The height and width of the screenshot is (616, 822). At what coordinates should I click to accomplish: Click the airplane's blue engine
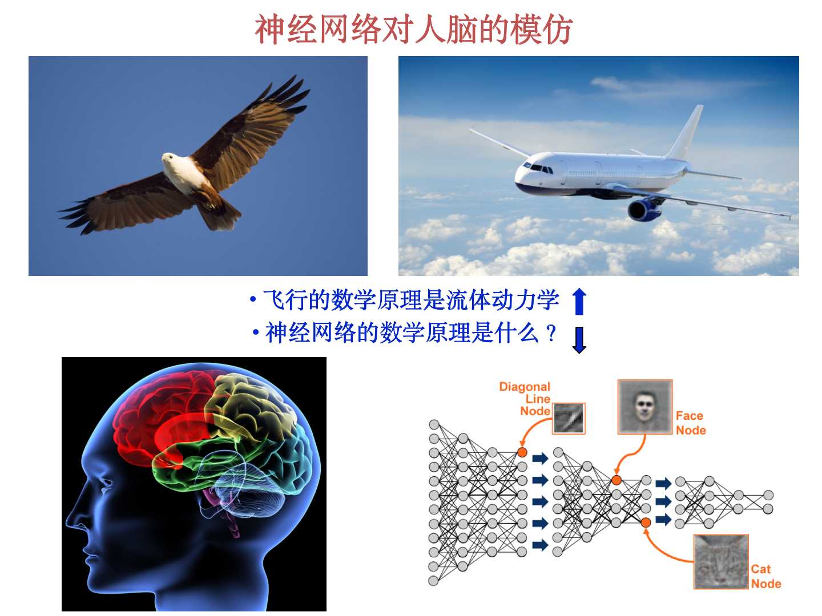(x=643, y=209)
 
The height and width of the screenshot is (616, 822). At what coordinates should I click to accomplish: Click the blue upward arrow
(x=579, y=301)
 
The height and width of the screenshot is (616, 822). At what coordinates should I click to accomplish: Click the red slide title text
(x=413, y=30)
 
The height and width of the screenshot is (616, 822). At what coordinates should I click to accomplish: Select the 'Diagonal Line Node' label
(x=525, y=399)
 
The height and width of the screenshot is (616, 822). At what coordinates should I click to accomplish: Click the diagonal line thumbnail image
(x=569, y=418)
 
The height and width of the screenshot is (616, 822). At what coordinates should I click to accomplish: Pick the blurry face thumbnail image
(x=645, y=407)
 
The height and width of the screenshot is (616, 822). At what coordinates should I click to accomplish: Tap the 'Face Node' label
(x=691, y=423)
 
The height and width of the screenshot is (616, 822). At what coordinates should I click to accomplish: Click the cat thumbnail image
(x=721, y=562)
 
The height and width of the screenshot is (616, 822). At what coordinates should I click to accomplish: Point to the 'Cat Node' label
(x=766, y=576)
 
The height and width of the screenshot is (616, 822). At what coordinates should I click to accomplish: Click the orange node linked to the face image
(x=616, y=480)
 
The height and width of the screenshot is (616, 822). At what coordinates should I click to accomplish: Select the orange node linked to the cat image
(x=646, y=522)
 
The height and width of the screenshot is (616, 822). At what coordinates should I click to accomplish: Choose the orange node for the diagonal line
(x=522, y=452)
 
